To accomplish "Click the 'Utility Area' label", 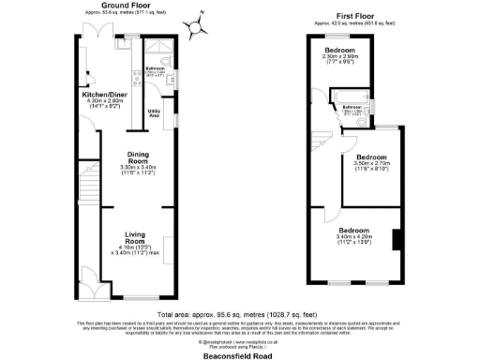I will (154, 114).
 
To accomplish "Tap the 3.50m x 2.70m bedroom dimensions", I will (371, 163).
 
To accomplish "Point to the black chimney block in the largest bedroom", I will (397, 240).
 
